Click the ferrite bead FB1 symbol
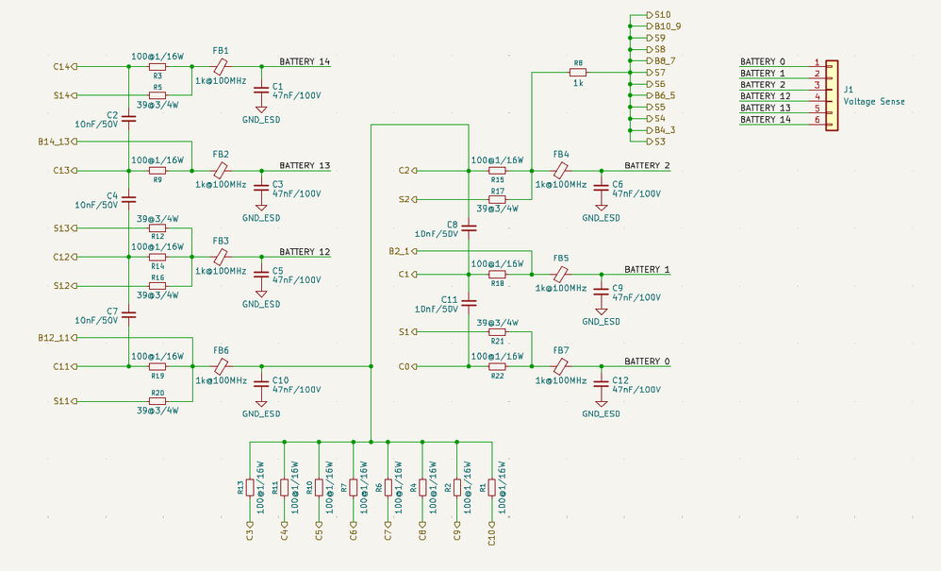coord(221,66)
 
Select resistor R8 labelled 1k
coord(578,72)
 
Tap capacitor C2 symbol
coord(129,118)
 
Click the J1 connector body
coord(832,95)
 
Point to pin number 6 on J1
coord(817,120)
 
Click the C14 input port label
coord(62,67)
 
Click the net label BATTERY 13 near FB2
coord(305,165)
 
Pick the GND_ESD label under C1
coord(261,120)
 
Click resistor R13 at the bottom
coord(250,488)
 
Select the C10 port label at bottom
coord(492,532)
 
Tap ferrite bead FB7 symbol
coord(560,366)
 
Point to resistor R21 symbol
coord(497,331)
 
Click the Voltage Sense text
coord(874,102)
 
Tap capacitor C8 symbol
coord(470,228)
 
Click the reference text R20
coord(157,393)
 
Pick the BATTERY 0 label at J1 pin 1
coord(762,61)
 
